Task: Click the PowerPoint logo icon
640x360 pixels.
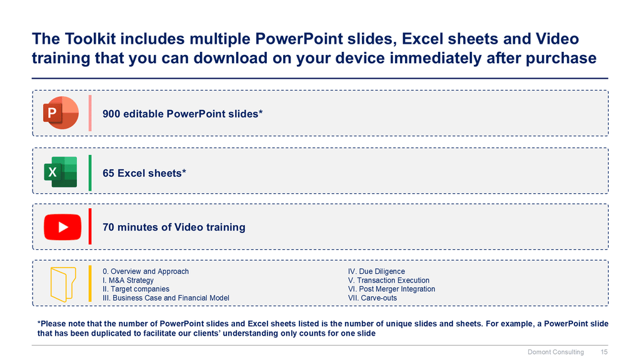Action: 61,113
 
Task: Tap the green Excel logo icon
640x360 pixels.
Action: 61,172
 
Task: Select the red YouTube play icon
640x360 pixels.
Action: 62,227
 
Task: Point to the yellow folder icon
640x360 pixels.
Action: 63,284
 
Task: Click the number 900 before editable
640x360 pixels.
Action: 111,114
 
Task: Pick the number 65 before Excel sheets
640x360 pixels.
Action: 108,173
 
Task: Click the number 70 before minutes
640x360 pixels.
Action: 108,227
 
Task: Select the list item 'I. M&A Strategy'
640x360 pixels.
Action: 128,281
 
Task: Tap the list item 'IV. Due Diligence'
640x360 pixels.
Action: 376,271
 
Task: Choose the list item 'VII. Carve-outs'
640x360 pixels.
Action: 372,298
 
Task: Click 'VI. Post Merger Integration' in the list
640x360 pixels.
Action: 391,289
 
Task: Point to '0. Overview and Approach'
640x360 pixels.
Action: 146,271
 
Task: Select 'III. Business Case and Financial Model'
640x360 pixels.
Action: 166,298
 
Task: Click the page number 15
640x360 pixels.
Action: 604,352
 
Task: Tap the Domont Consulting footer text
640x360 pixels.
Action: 556,352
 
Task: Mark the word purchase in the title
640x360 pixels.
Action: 561,58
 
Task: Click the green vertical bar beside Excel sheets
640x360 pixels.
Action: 90,172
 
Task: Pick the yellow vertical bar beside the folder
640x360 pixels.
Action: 90,284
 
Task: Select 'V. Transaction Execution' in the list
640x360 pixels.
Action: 389,281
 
